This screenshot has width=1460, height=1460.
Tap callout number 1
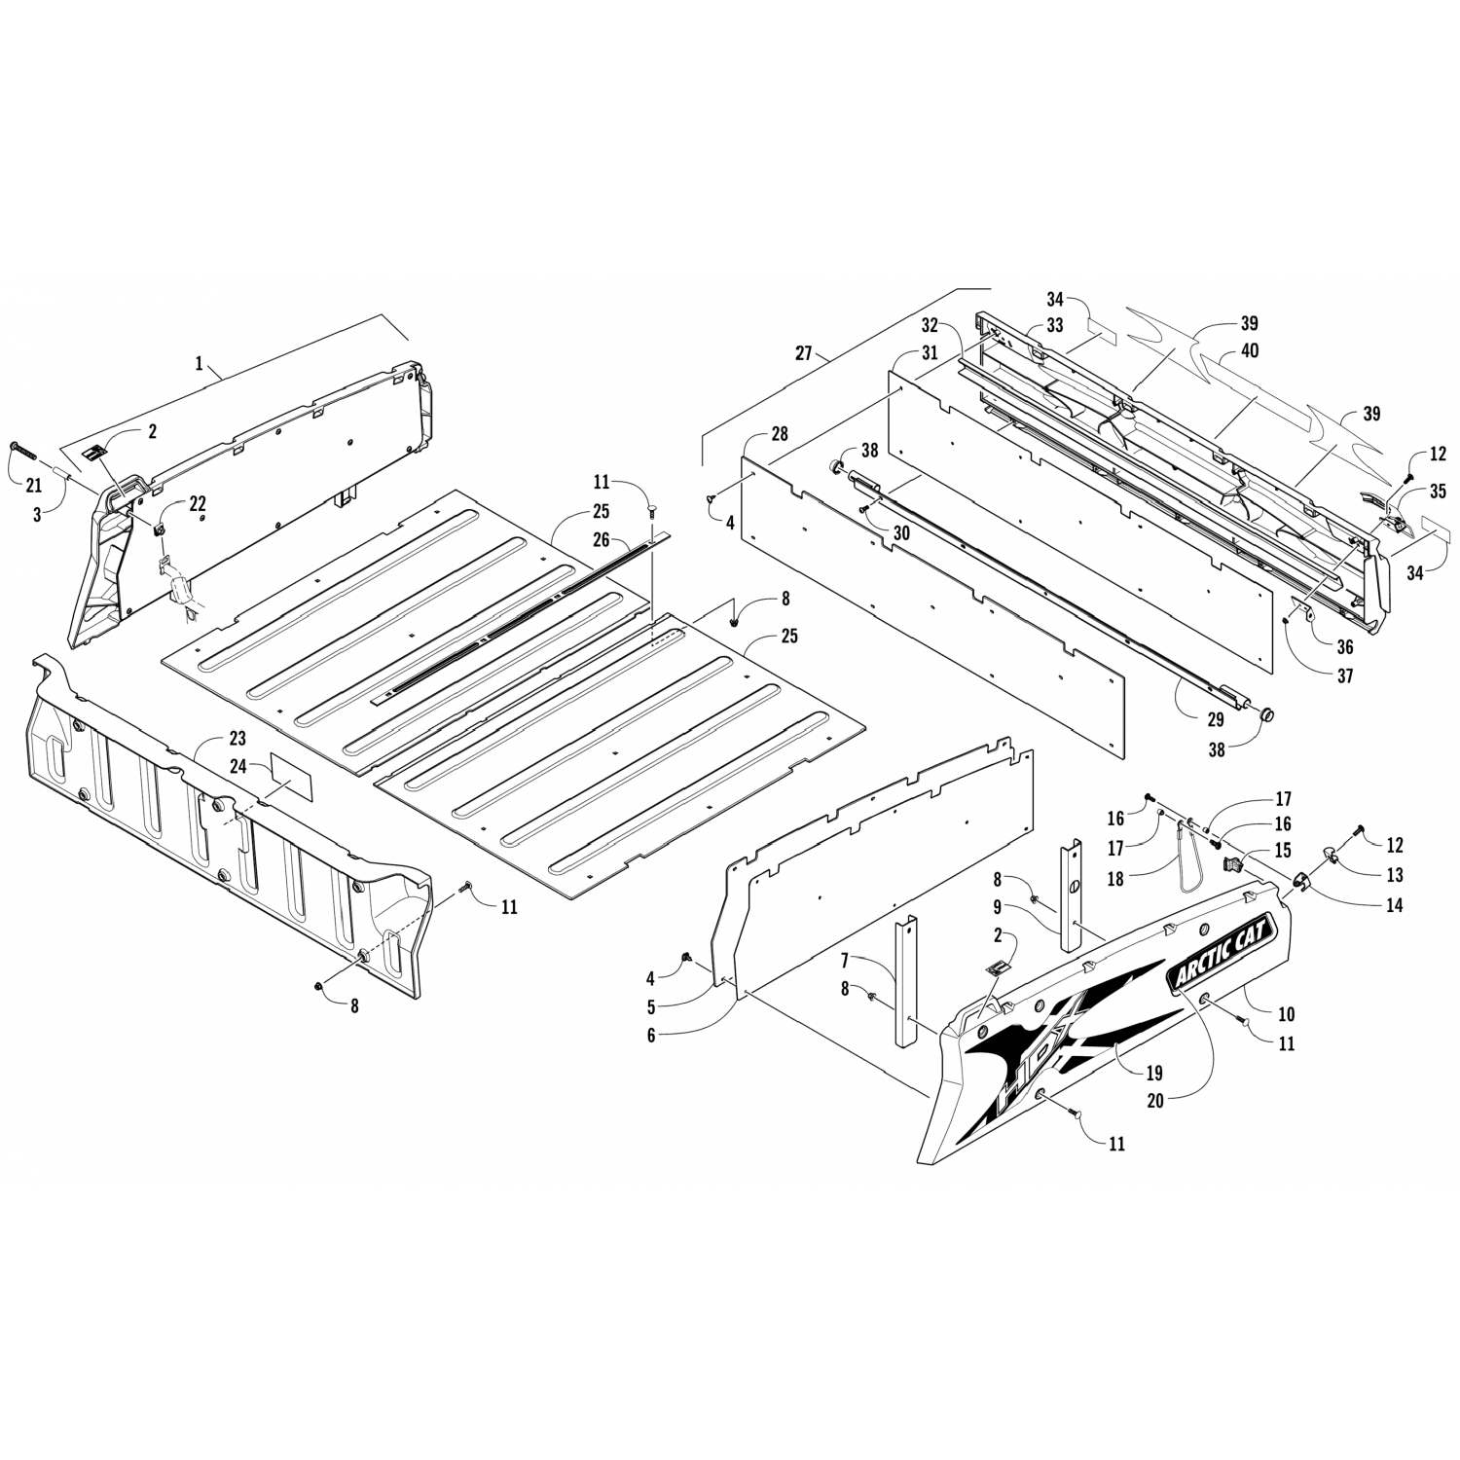pos(200,363)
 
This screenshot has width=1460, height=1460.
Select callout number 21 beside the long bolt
pos(34,486)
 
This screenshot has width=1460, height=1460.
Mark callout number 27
pos(804,354)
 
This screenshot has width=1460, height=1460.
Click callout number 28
pos(779,433)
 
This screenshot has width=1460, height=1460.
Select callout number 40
pos(1250,350)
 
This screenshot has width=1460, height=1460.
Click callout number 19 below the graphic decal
pos(1155,1074)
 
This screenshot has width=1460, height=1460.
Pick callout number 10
pos(1286,1014)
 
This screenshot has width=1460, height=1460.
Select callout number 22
pos(198,503)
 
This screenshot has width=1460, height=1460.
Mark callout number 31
pos(930,353)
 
